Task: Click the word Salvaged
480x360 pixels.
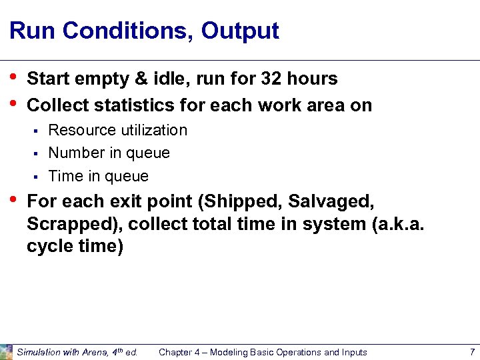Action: pos(331,201)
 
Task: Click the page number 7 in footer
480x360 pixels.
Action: pos(471,352)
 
